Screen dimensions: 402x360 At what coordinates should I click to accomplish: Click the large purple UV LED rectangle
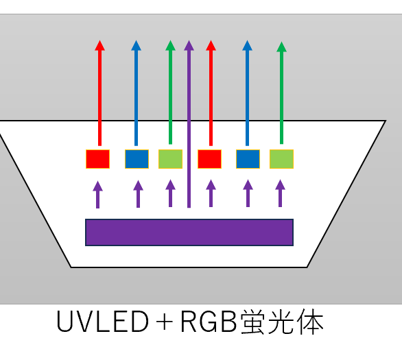(189, 232)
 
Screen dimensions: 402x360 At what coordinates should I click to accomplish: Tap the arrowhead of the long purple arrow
(189, 45)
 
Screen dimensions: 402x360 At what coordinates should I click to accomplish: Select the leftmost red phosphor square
(97, 159)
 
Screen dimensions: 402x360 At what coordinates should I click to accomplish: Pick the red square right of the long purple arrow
(209, 159)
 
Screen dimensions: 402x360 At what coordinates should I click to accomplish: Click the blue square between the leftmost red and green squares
(137, 159)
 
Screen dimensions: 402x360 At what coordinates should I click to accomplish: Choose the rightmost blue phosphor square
(248, 159)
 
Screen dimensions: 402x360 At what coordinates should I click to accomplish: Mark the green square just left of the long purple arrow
(171, 159)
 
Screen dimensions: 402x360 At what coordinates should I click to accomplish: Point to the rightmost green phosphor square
(281, 159)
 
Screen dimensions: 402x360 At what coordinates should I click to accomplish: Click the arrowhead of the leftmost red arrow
(99, 45)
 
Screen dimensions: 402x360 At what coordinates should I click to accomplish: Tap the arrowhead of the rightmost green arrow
(281, 47)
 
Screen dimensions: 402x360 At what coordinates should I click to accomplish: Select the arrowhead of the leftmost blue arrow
(136, 45)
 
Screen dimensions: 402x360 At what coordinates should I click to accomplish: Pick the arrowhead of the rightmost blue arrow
(247, 45)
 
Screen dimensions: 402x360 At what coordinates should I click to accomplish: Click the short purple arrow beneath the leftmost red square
(97, 195)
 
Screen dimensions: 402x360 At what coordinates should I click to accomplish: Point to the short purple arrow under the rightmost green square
(280, 193)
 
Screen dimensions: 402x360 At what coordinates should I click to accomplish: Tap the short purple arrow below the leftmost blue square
(138, 194)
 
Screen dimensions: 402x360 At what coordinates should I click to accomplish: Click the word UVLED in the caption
(102, 322)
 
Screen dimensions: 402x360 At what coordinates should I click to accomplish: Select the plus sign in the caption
(164, 322)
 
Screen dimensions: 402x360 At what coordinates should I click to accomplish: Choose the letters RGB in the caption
(209, 322)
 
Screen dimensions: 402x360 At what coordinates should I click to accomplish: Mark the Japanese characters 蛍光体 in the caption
(282, 322)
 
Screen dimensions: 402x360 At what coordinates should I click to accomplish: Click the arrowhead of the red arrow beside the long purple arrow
(211, 45)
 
